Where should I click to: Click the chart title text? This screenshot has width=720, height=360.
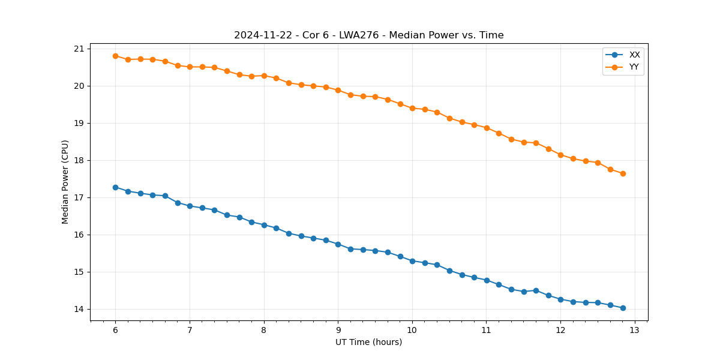click(x=368, y=35)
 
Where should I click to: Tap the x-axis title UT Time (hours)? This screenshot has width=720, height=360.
click(x=368, y=343)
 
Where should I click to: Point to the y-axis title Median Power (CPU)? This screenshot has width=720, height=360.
click(x=65, y=182)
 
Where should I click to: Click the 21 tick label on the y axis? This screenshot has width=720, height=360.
click(x=79, y=49)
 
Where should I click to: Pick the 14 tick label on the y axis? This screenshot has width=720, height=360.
click(x=79, y=310)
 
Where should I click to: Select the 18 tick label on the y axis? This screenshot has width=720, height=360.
click(x=79, y=161)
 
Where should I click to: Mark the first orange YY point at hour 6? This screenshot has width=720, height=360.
click(x=115, y=56)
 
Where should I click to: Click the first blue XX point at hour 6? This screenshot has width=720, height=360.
click(x=115, y=187)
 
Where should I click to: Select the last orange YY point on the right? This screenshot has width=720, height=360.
click(x=623, y=173)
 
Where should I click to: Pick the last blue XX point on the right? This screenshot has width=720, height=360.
click(x=623, y=308)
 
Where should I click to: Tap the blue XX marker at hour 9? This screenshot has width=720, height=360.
click(x=338, y=244)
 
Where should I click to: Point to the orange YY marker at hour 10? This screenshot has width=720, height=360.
click(x=412, y=108)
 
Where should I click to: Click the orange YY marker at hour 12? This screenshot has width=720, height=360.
click(x=560, y=155)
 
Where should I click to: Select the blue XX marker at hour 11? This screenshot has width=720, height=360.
click(x=487, y=280)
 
